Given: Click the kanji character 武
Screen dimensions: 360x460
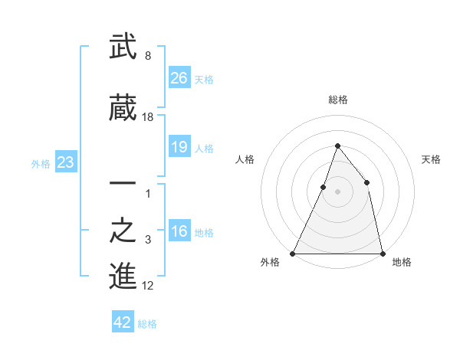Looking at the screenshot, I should coord(123,47).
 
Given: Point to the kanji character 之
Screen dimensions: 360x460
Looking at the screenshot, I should coord(123,231).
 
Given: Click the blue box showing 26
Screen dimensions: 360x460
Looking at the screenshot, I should coord(179,77).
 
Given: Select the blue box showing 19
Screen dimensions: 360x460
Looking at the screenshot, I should coord(179,147).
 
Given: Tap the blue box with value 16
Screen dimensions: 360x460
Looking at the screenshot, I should coord(179,231).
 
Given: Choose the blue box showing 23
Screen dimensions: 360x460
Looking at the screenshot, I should coord(65,162).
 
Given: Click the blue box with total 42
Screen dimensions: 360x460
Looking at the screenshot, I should coord(123,322).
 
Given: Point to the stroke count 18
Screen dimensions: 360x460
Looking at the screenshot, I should coord(148,116).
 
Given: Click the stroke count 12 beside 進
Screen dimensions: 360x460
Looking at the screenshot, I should coord(148,286).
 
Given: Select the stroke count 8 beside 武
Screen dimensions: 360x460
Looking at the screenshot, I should coord(148,55).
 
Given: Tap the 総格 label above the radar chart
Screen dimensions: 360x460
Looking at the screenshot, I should coord(337,100).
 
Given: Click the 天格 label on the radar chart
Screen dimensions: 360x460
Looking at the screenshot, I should coord(431,159).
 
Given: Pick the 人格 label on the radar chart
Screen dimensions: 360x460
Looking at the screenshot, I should coord(245,159).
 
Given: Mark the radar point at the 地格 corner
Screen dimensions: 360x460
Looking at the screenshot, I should coord(382,253).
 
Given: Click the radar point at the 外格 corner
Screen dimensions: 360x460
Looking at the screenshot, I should coord(293,253).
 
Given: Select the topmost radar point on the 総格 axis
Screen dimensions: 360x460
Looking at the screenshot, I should coord(337,146).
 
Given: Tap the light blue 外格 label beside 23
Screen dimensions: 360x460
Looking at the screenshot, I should coord(41,163).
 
